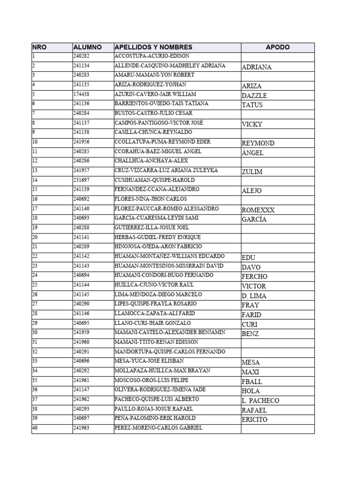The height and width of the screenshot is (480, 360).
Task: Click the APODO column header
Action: tap(277, 47)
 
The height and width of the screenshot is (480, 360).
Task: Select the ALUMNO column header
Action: tap(88, 47)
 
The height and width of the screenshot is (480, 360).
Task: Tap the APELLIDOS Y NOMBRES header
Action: tap(153, 47)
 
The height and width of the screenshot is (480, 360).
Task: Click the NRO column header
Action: tap(39, 47)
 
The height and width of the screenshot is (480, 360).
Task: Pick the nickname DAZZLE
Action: tap(255, 96)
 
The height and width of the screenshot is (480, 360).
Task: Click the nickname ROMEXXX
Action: tap(258, 210)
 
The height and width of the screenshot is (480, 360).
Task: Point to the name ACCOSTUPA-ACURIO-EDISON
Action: tap(152, 56)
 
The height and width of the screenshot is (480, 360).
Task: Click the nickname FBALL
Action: tap(252, 382)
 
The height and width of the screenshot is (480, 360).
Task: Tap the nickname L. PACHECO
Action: tap(260, 401)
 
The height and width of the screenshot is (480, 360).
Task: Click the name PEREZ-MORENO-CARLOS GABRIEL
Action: tap(158, 427)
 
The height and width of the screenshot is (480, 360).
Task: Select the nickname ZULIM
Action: tap(252, 172)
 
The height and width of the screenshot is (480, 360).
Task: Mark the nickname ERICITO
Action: tap(255, 420)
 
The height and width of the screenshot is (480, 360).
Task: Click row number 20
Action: tap(35, 237)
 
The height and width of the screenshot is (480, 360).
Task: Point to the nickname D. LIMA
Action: tap(254, 296)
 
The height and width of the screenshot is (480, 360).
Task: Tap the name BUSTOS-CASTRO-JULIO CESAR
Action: tap(153, 113)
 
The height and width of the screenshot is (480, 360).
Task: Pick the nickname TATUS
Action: tap(252, 105)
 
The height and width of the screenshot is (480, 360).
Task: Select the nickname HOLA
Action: tap(251, 391)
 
